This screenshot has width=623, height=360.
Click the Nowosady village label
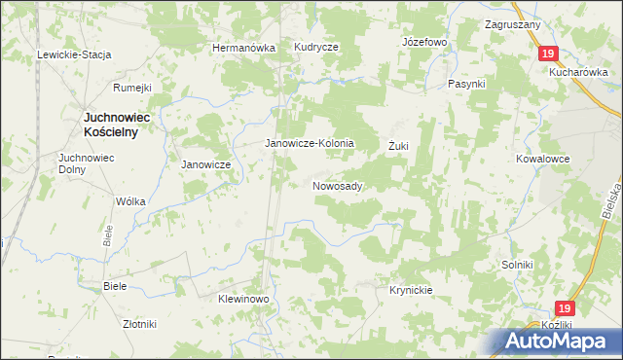(338, 186)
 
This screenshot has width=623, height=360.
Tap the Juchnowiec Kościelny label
(108, 125)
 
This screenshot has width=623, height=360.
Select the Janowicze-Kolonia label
(310, 143)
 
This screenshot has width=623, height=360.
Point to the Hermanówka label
(244, 48)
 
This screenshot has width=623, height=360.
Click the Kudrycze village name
(316, 47)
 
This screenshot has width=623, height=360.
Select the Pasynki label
(466, 84)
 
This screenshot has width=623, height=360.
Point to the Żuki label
(398, 146)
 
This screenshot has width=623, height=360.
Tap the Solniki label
(517, 265)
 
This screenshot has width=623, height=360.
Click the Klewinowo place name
(242, 299)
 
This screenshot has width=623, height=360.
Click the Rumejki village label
(132, 88)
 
